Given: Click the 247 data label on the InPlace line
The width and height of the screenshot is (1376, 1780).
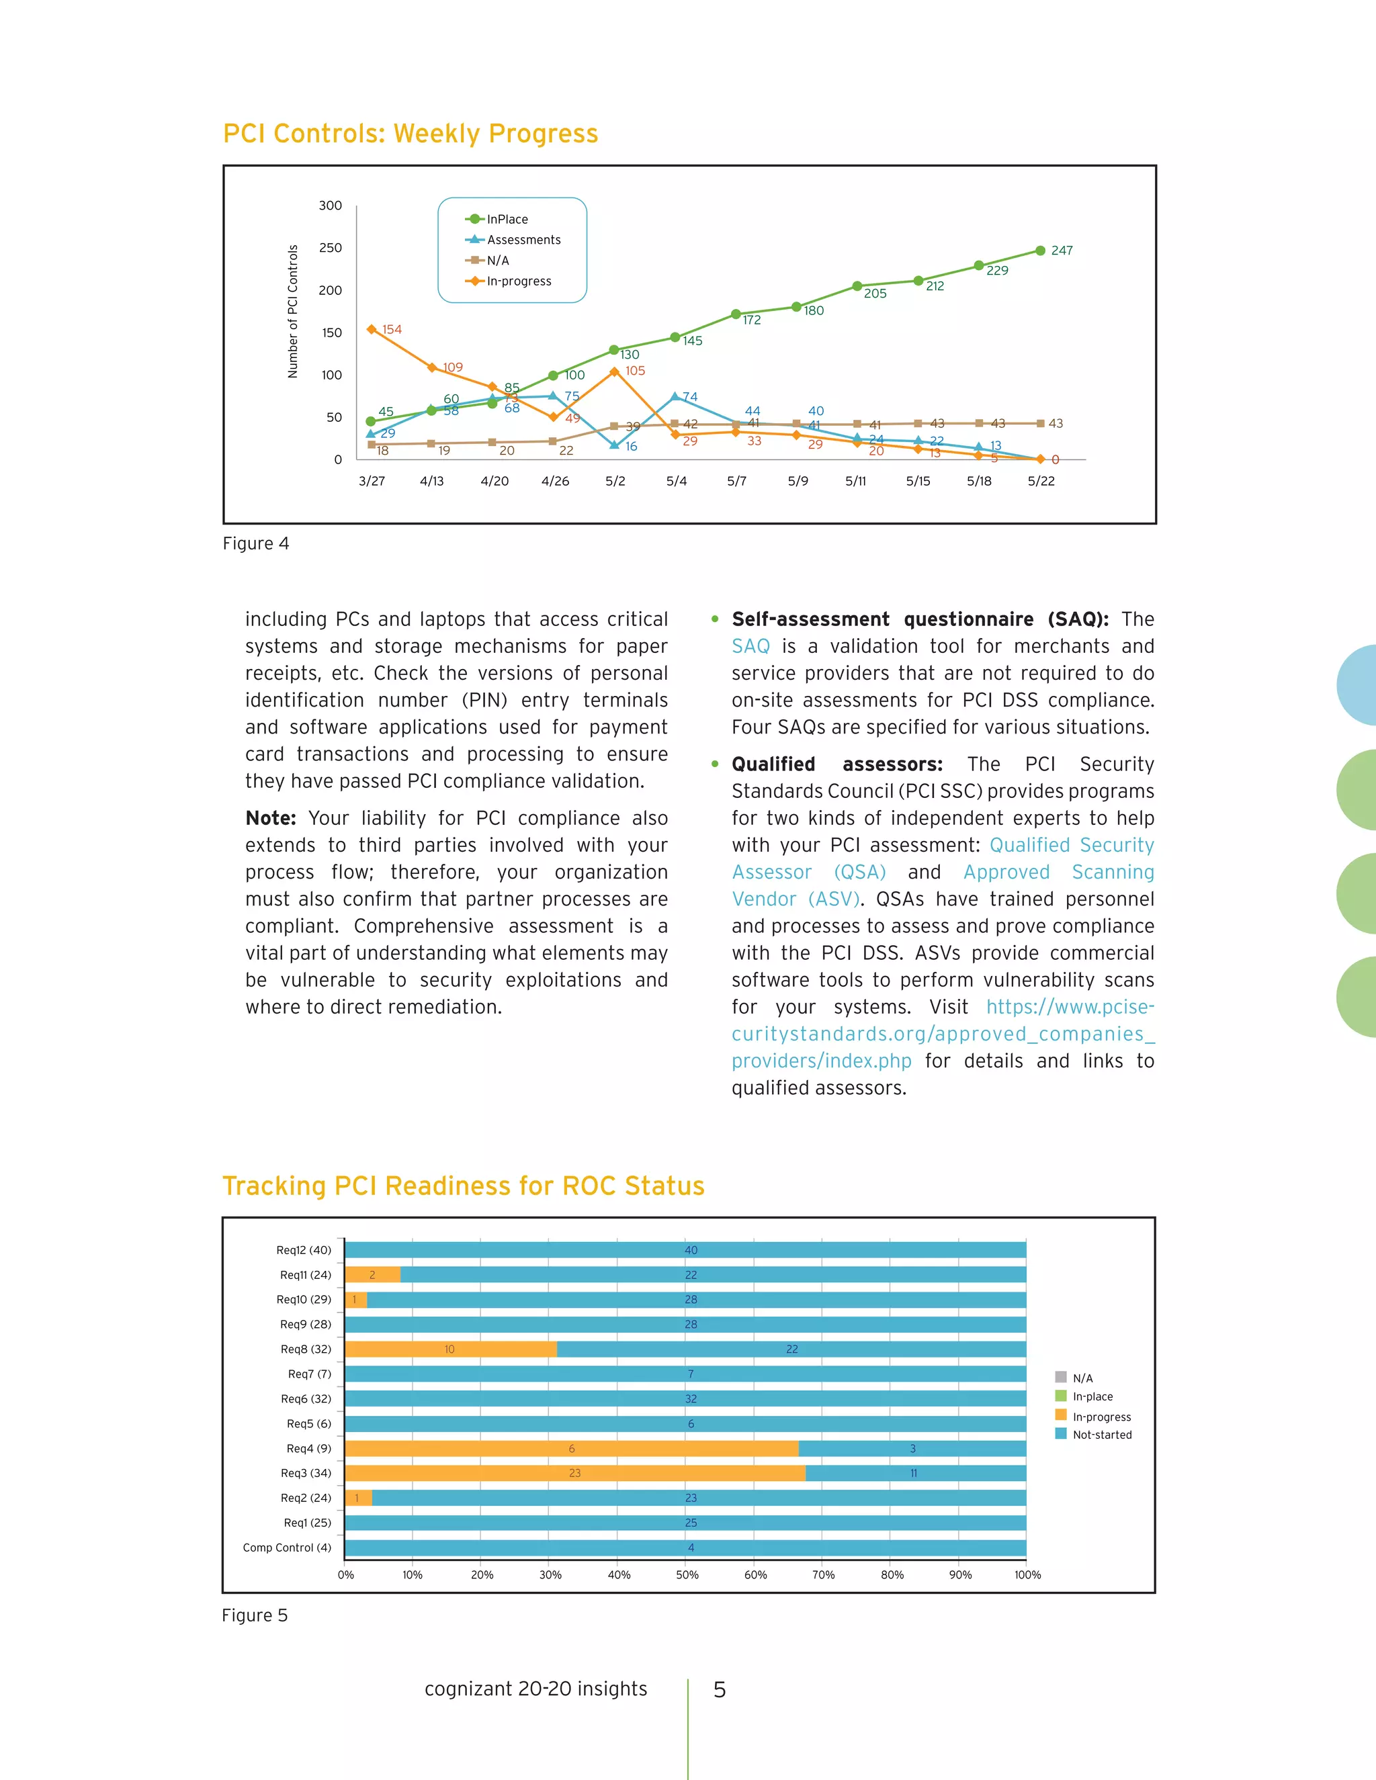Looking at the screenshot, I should coord(1062,251).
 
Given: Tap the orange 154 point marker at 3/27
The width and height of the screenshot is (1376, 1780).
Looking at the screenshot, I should coord(372,329).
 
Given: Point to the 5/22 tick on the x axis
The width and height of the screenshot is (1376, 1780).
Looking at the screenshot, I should coord(1041,481).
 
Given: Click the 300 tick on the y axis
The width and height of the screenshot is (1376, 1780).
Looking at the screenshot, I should coord(330,206).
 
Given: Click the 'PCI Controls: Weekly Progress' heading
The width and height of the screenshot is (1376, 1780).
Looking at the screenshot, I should coord(410,134).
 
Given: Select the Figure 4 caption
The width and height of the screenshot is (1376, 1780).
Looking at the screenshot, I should coord(256,543).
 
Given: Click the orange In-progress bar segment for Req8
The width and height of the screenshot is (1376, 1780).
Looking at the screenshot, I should coord(450,1349).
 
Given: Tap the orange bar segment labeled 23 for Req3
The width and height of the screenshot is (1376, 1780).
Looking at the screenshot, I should coord(574,1473).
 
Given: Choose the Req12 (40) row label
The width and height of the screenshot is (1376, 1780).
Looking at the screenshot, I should coord(303,1250).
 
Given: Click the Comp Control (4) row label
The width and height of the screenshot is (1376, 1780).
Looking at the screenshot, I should coord(287,1547).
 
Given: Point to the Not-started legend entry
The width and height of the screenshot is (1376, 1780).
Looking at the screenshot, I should coord(1101,1435).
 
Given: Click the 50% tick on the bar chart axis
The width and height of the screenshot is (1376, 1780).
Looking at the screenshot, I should coord(687,1574).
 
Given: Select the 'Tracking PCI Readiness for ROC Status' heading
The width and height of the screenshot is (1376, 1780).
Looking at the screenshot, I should coord(463,1186).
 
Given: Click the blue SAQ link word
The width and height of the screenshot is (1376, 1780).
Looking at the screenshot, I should coord(750,646).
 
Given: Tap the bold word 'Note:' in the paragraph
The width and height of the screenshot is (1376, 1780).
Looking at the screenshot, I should coord(271,818).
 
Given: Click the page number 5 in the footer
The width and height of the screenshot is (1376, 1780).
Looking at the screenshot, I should coord(719,1689).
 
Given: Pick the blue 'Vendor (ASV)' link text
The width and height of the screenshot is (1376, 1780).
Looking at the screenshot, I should coord(795,899).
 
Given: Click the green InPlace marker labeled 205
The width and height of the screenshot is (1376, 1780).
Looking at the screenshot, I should coord(857,286).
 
